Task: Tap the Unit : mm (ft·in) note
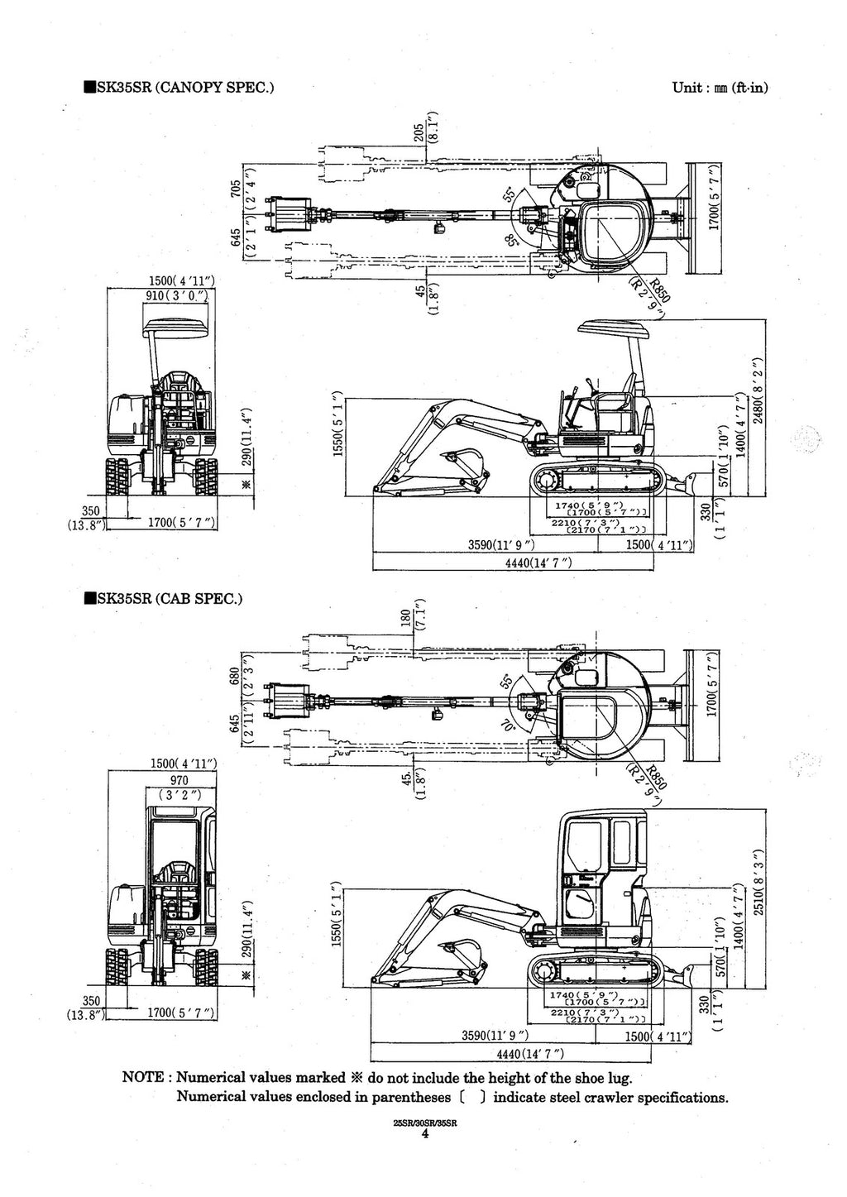click(720, 86)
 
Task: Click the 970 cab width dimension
click(179, 780)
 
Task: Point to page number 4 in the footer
click(424, 1136)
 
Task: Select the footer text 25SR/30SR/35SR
click(424, 1124)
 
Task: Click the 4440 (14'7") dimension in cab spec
click(529, 1052)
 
